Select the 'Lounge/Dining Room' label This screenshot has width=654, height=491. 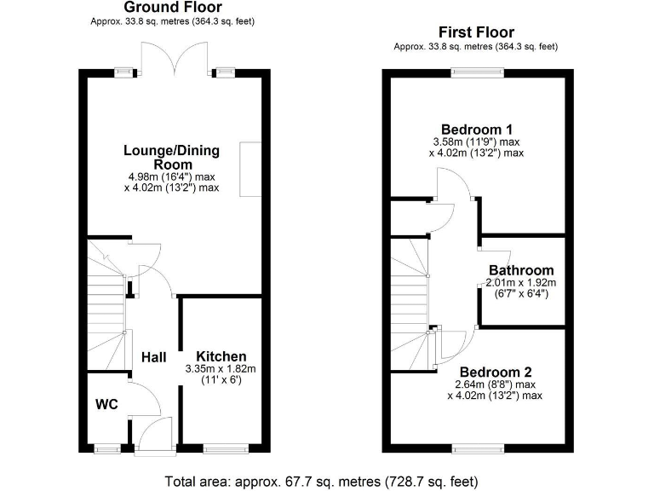click(x=172, y=158)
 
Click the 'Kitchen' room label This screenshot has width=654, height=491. click(x=221, y=356)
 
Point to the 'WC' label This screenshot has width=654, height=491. click(x=106, y=402)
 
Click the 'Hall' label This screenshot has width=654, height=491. click(x=153, y=356)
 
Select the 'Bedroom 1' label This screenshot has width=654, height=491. click(x=476, y=129)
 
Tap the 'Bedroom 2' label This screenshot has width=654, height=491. click(x=496, y=373)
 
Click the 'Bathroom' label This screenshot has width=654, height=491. click(x=520, y=270)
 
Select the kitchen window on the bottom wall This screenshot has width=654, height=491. click(x=224, y=448)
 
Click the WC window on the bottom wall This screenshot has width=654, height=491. click(x=106, y=448)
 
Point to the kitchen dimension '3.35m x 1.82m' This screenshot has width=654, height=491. click(x=221, y=369)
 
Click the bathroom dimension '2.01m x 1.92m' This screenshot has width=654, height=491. click(x=520, y=283)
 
